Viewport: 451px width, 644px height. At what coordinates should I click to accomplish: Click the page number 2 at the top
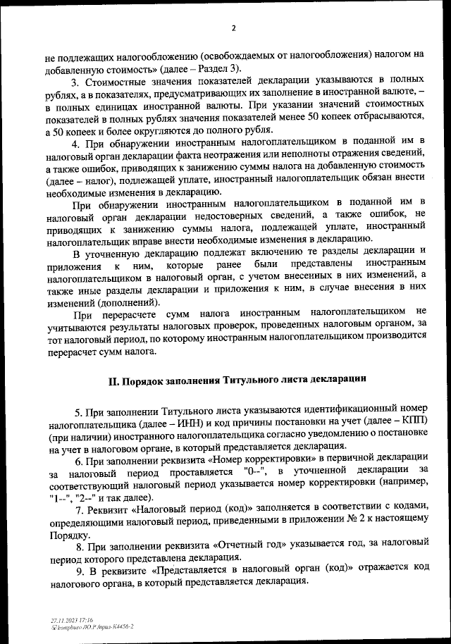(233, 29)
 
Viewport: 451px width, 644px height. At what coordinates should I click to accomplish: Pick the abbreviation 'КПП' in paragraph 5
(412, 423)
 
